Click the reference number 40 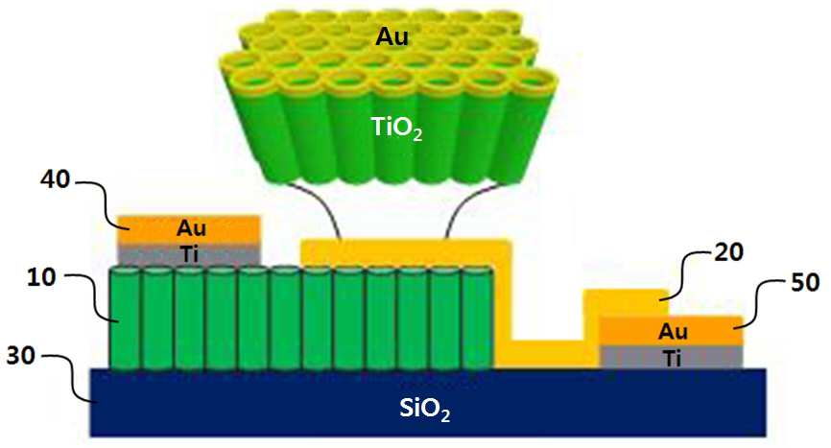pos(55,179)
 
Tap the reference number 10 pos(41,277)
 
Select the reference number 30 pos(21,356)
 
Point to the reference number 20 pos(728,252)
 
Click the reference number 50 pos(805,282)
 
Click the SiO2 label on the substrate pos(424,409)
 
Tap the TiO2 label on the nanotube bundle pos(396,128)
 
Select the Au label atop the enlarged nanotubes pos(392,36)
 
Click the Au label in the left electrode pos(191,228)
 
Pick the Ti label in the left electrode pos(190,255)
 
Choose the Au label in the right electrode pos(673,332)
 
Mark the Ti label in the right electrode pos(672,359)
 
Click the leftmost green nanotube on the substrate pos(125,318)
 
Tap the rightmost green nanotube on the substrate pos(478,318)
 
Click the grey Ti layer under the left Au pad pos(188,255)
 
